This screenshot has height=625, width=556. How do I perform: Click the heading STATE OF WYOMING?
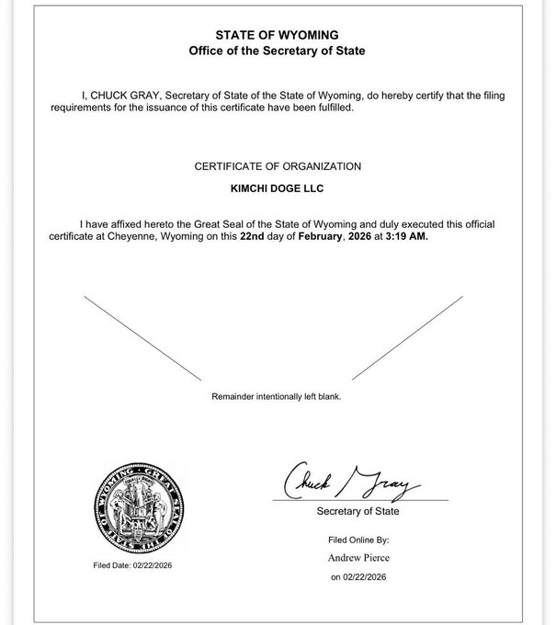tap(277, 35)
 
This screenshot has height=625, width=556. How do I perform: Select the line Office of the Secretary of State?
tap(277, 51)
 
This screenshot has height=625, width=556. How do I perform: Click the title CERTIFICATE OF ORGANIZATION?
tap(277, 166)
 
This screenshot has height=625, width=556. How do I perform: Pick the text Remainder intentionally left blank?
tap(277, 397)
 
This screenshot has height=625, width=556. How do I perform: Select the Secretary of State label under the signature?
tap(357, 511)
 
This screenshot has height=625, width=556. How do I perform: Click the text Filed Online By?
tap(358, 540)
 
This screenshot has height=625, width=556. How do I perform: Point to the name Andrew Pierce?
tap(358, 558)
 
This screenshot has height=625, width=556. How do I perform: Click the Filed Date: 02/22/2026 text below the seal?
tap(132, 565)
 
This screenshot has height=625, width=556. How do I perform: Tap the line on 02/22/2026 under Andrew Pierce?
tap(358, 578)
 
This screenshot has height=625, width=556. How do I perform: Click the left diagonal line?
tap(142, 336)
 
